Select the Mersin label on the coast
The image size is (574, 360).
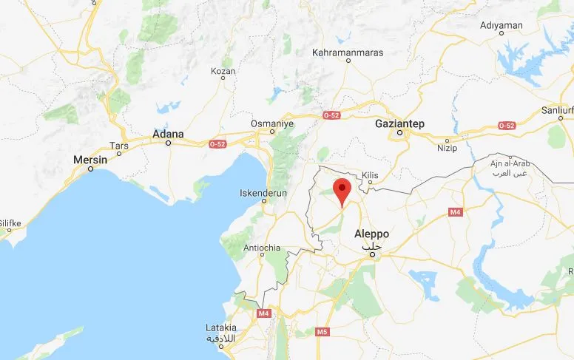coord(90,160)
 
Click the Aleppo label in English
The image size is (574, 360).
coord(371,234)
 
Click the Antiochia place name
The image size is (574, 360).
coord(263,248)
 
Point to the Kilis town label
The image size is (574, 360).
coord(370,175)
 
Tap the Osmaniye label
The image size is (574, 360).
coord(273,123)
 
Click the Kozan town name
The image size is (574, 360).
coord(223,71)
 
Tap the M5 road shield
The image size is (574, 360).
coord(322,332)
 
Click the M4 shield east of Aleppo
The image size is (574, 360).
coord(455,212)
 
